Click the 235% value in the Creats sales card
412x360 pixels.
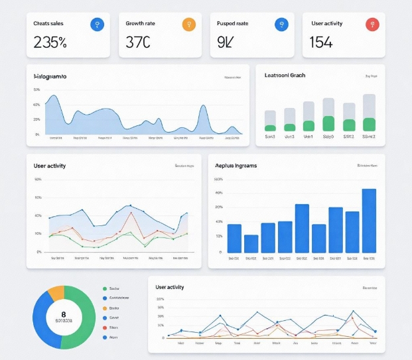50,42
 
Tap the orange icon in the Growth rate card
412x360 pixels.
189,25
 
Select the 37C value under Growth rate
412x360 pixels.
138,42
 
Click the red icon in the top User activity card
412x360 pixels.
373,25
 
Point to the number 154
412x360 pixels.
321,42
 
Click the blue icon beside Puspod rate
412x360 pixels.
281,25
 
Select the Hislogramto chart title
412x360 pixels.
50,77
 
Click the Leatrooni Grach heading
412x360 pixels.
285,76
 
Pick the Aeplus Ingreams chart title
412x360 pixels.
236,165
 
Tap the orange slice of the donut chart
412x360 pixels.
56,292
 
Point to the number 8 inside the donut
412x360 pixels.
63,314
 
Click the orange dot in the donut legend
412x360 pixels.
105,308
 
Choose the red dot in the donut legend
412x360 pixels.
105,328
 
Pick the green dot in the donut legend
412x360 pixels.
105,289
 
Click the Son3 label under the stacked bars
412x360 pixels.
270,137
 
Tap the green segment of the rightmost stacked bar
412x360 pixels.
369,124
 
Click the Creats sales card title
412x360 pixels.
50,23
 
